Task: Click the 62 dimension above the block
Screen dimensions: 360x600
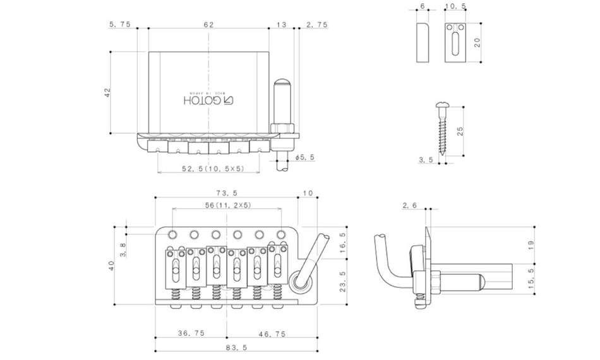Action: click(x=208, y=25)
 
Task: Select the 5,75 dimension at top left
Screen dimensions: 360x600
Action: click(x=119, y=25)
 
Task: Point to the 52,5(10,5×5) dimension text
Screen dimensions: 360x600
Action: click(x=208, y=169)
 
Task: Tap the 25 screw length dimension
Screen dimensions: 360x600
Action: click(x=460, y=131)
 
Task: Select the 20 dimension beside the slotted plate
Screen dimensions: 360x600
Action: click(x=477, y=43)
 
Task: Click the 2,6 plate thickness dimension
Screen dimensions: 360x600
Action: click(x=409, y=206)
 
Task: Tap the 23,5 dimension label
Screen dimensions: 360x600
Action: click(x=341, y=277)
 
